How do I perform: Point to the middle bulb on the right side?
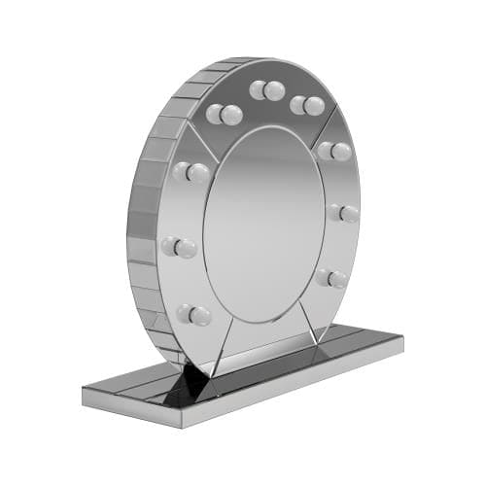coord(344,212)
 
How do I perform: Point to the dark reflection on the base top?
coord(180,389)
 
